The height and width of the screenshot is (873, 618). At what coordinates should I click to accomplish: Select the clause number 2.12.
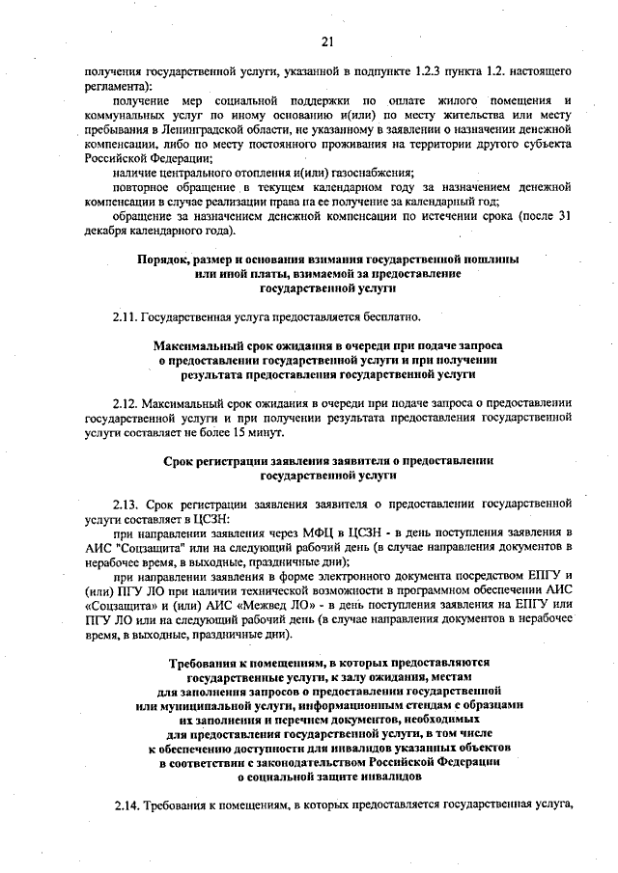point(126,402)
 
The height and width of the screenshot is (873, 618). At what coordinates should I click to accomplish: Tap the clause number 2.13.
point(126,504)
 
